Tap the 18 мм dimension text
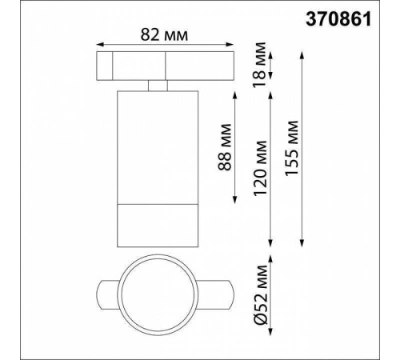click(x=279, y=66)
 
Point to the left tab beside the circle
click(x=107, y=298)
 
